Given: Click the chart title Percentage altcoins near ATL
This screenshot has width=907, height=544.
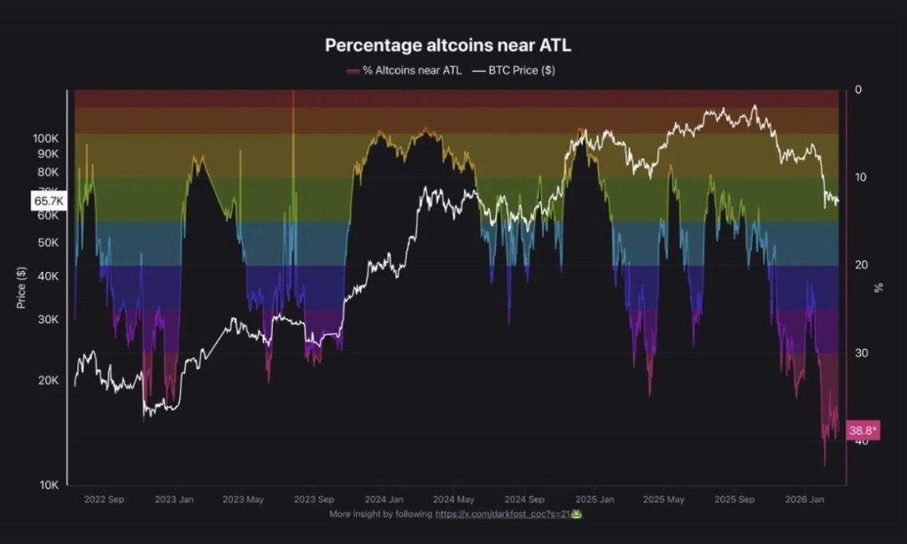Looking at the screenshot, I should (453, 44).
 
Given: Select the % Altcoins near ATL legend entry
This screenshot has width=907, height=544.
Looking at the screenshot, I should (407, 70).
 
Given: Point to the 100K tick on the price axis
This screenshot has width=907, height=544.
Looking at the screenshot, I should (46, 139).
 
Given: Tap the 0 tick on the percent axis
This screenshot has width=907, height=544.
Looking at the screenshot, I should (858, 90).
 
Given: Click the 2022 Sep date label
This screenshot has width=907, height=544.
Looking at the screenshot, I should (105, 500).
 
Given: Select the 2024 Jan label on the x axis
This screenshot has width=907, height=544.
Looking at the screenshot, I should (384, 500).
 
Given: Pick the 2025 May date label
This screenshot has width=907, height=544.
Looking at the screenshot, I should (663, 500).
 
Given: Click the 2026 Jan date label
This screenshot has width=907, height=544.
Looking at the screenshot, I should (804, 500).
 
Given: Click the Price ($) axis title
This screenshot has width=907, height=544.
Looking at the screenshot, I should (20, 288).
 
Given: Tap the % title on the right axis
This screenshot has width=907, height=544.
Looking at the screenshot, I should (879, 287).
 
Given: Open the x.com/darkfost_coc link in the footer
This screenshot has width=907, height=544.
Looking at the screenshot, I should (502, 514).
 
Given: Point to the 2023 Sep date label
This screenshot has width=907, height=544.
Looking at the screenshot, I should (314, 500).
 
